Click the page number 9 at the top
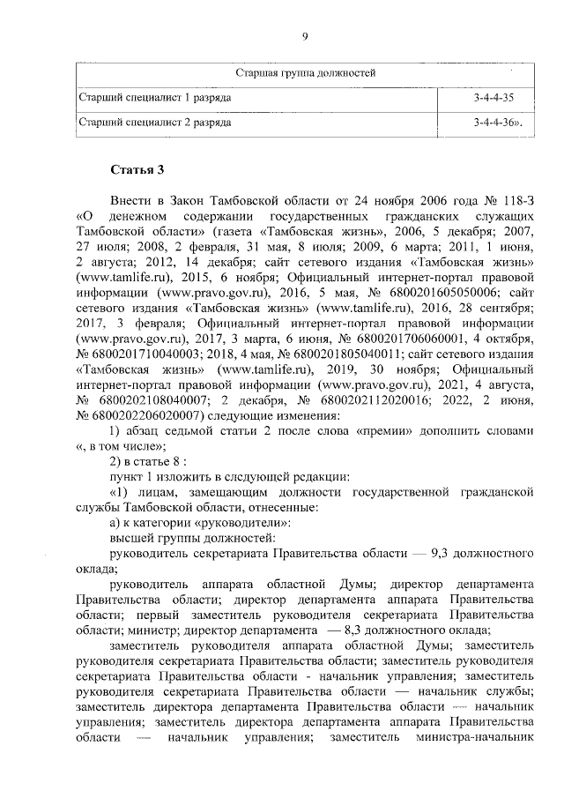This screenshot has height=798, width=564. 304,36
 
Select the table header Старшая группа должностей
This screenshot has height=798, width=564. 305,72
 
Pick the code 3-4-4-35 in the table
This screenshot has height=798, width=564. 493,97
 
